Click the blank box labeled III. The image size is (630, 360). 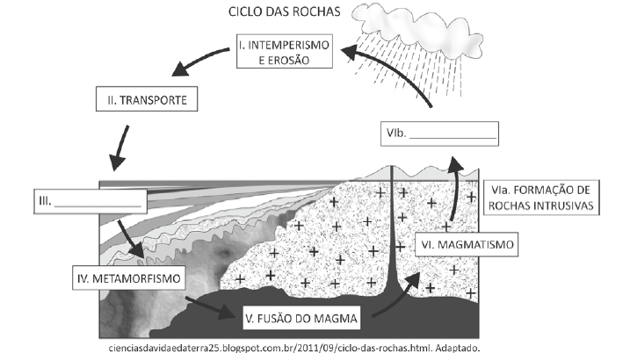click(91, 201)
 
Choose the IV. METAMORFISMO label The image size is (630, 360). click(129, 279)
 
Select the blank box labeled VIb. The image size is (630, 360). click(439, 133)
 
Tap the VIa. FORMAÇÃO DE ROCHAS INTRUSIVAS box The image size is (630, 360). click(539, 198)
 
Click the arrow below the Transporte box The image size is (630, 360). click(120, 147)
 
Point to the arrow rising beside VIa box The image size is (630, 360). click(454, 188)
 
